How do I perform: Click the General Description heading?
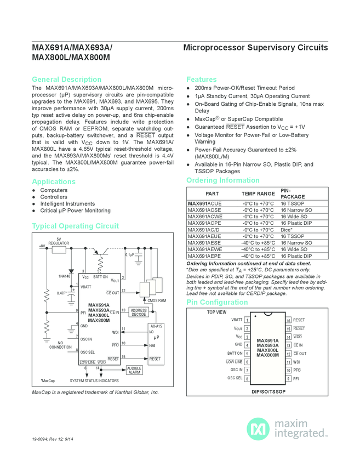66,79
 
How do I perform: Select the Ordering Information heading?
222,180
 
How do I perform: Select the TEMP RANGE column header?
258,194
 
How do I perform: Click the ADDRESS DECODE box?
139,312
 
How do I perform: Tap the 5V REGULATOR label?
59,241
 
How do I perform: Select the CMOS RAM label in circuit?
157,300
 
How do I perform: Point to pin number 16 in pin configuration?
288,320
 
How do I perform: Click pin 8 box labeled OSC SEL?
248,378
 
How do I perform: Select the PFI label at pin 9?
296,378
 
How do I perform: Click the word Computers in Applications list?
54,190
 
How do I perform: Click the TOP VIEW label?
216,312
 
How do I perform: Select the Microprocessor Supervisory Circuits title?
255,48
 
